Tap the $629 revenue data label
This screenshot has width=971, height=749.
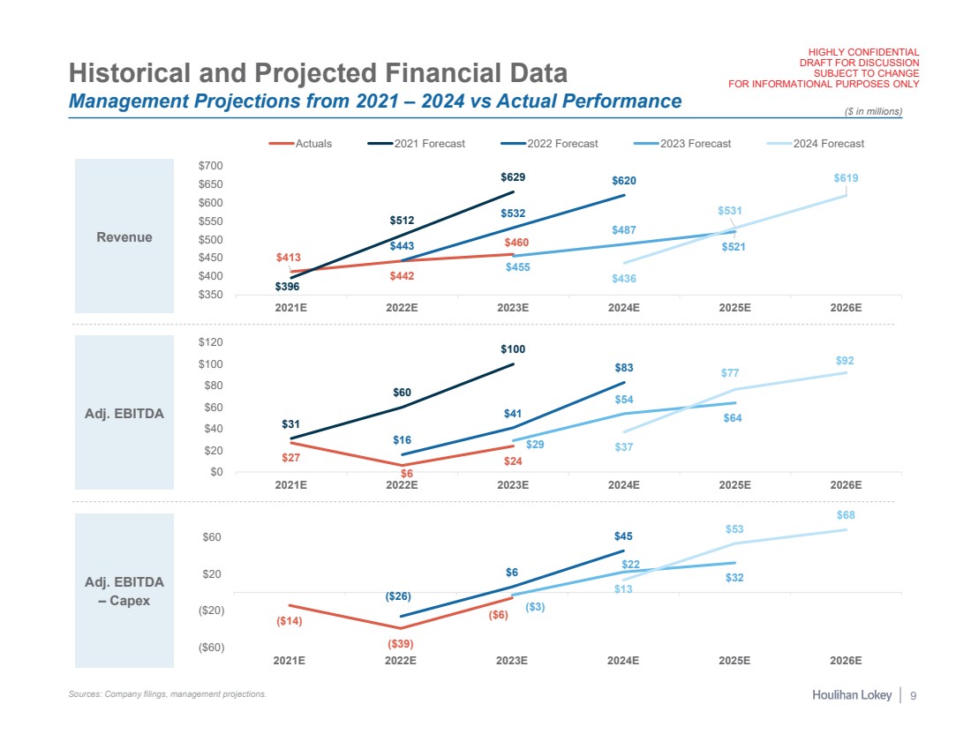(x=513, y=176)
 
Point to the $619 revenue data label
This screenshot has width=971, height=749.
(x=846, y=178)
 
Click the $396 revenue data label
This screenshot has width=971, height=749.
(x=286, y=287)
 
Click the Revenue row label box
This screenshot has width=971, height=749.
(x=124, y=236)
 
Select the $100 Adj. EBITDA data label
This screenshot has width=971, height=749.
(x=513, y=349)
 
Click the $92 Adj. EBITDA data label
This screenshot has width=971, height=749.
(x=845, y=361)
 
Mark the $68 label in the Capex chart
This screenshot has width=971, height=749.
(x=845, y=515)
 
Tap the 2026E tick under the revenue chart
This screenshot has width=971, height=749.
(x=846, y=308)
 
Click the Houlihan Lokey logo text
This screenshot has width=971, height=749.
(x=852, y=696)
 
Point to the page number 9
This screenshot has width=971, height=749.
(x=914, y=696)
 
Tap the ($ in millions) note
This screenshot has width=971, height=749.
(x=873, y=110)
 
